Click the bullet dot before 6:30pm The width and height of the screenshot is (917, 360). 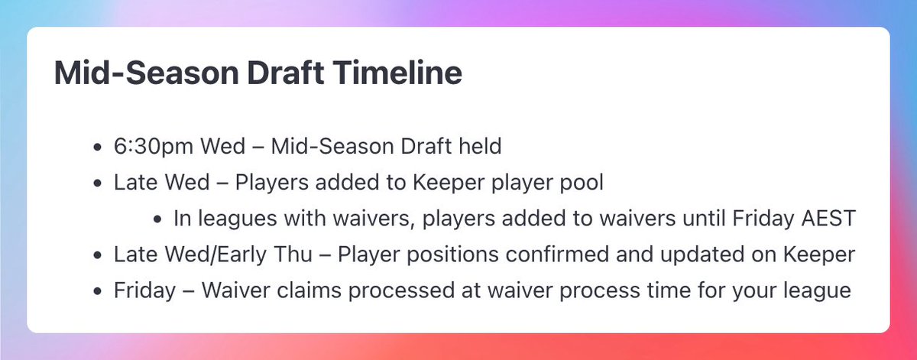tap(96, 147)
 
